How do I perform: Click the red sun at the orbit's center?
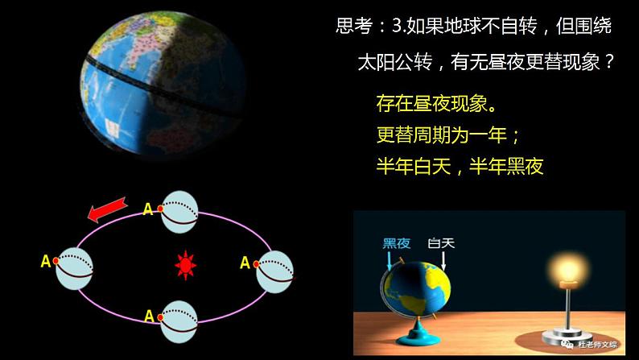point(187,263)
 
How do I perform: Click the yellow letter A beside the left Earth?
point(45,260)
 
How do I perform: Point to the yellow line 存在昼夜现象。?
point(435,104)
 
